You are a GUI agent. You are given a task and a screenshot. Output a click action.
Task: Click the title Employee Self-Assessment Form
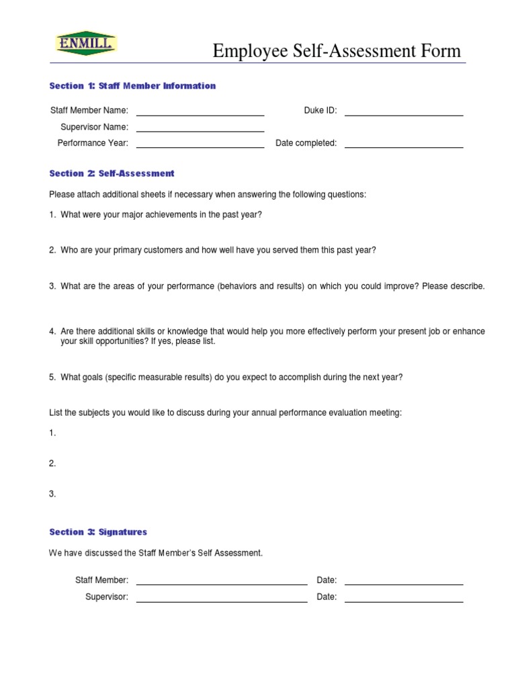(x=337, y=51)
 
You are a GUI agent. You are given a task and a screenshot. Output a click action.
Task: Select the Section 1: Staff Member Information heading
(x=132, y=86)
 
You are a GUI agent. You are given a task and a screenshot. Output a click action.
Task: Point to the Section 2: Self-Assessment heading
(x=112, y=173)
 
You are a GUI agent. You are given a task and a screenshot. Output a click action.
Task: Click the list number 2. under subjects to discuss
(x=52, y=464)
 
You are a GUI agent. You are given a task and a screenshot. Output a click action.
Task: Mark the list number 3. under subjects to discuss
(x=52, y=494)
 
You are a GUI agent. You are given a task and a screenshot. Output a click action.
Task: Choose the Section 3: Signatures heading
(x=98, y=532)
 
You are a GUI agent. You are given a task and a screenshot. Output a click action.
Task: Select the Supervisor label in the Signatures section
(x=107, y=597)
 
